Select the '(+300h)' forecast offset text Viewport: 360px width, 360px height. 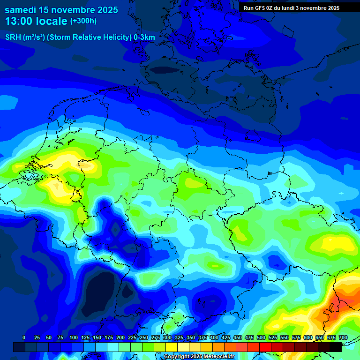83,21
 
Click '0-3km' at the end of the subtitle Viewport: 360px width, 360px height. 144,37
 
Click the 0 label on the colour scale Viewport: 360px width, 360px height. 23,338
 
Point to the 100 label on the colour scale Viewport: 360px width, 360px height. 74,338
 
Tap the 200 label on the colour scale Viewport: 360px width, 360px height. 120,338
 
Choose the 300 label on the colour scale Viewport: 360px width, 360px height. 167,338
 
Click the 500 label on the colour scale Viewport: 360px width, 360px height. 261,338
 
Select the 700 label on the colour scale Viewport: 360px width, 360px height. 343,338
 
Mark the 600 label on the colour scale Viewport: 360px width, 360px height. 308,338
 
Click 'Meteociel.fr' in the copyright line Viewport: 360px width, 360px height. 218,357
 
